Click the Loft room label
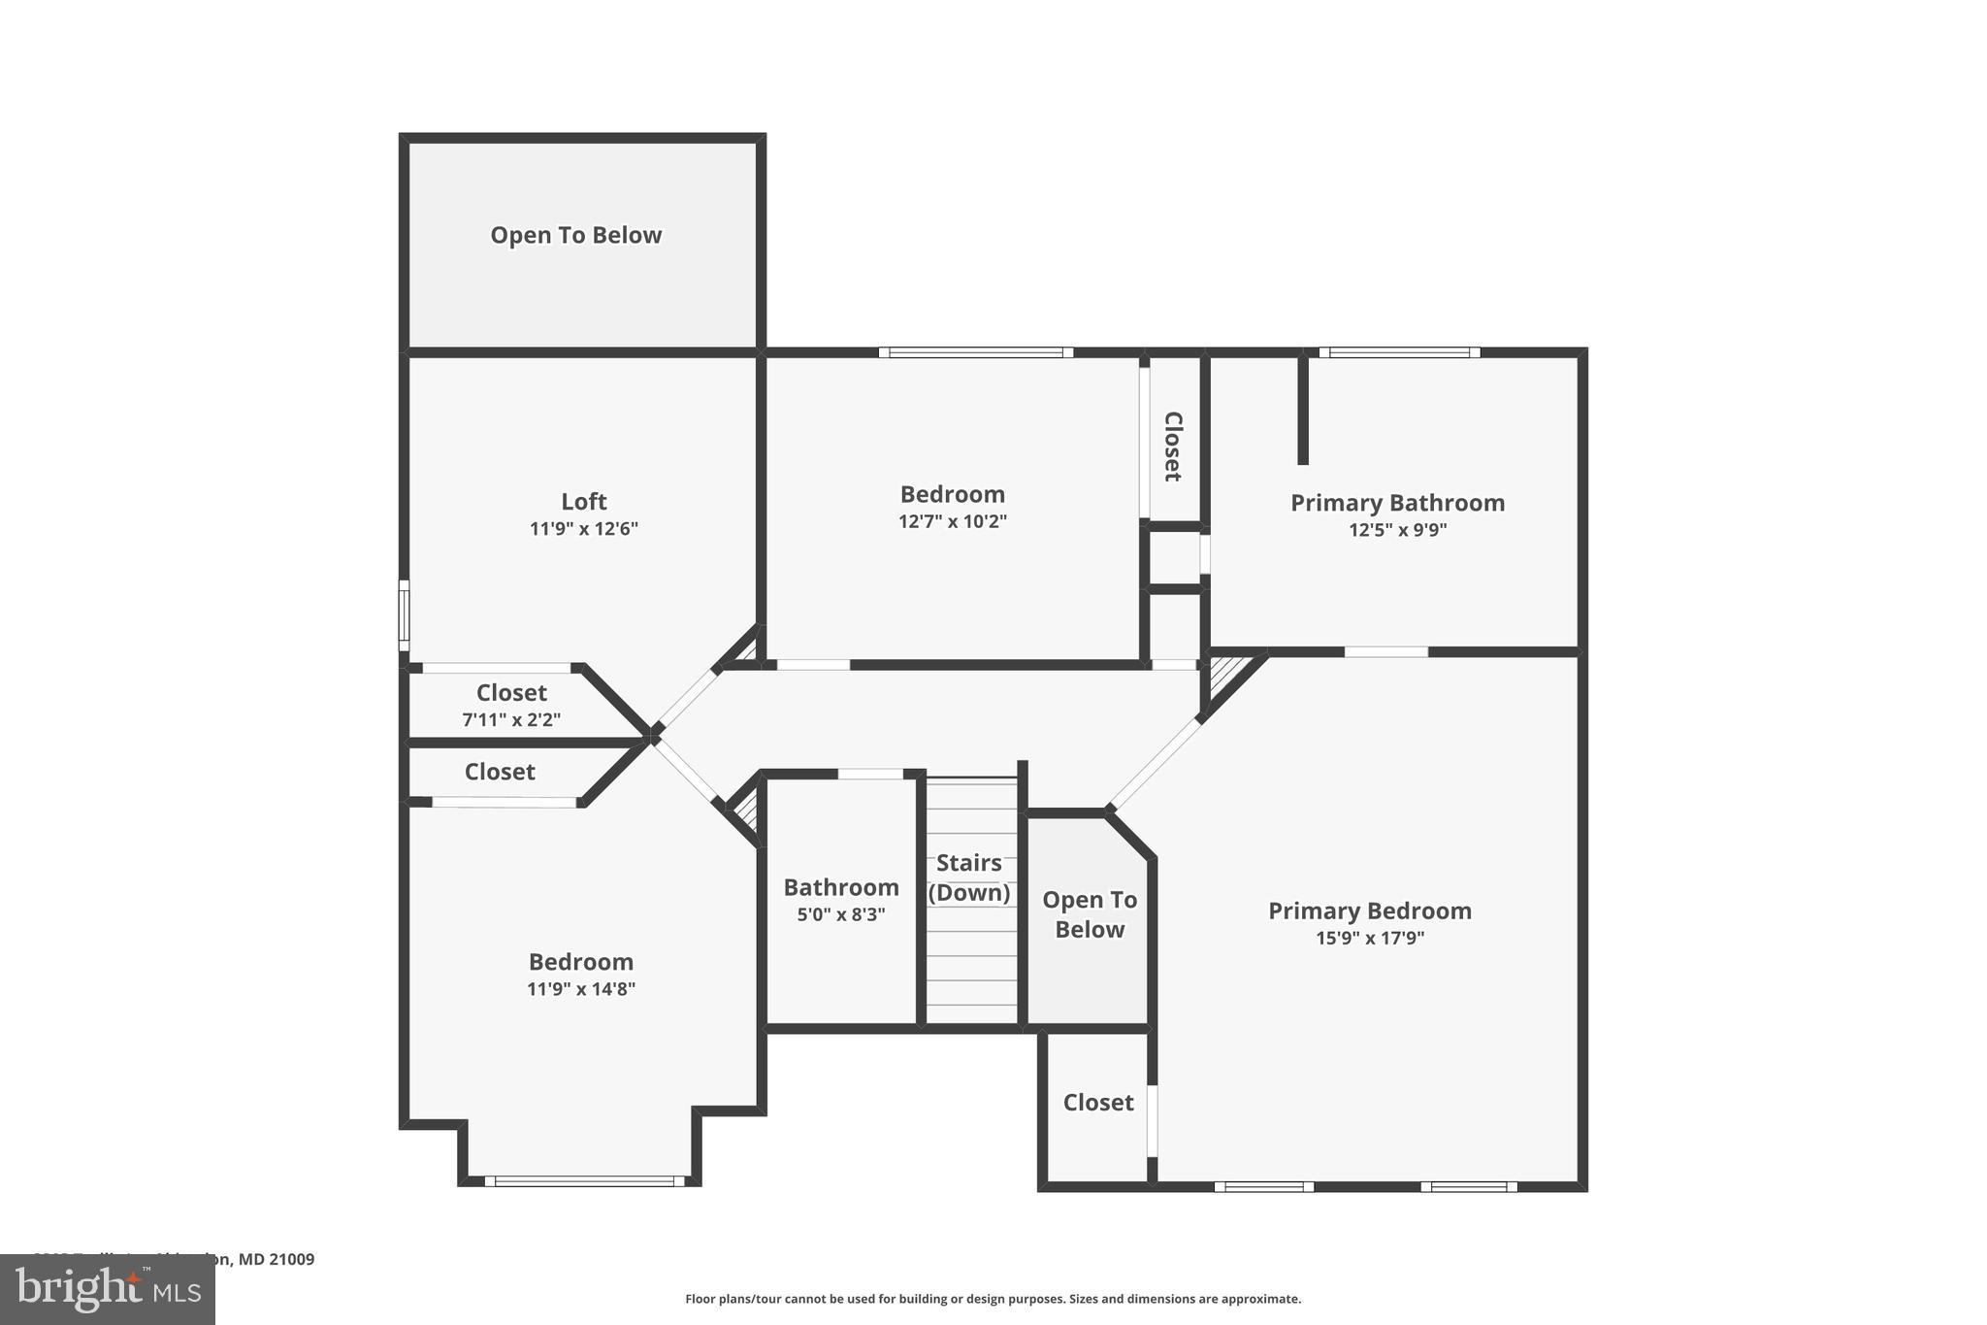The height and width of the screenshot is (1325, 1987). (583, 501)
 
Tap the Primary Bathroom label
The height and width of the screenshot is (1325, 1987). (1397, 503)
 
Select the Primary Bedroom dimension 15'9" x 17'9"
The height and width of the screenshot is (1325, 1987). (1370, 938)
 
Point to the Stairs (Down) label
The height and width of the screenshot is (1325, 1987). (969, 878)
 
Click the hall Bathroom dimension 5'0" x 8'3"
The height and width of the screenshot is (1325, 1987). (841, 914)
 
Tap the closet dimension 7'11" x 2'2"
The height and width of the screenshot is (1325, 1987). (511, 720)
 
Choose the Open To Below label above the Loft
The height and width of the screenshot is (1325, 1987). (575, 235)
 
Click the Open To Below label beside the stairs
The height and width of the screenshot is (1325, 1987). (1090, 914)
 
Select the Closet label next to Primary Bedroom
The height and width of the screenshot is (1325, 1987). (1098, 1103)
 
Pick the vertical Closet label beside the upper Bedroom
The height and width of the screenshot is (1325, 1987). (1173, 447)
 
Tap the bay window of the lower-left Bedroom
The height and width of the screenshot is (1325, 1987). (584, 1181)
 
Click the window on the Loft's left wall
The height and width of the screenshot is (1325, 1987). (404, 615)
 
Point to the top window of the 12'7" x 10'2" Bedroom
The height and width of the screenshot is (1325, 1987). (976, 352)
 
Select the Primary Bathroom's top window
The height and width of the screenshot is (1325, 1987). (1399, 352)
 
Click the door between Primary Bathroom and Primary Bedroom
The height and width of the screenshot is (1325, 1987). (1386, 651)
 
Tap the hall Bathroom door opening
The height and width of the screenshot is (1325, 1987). (870, 774)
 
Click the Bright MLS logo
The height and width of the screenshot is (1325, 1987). (108, 1289)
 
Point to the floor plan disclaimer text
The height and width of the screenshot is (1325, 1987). (993, 1299)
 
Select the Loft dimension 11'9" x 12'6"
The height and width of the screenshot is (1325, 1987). (583, 529)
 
